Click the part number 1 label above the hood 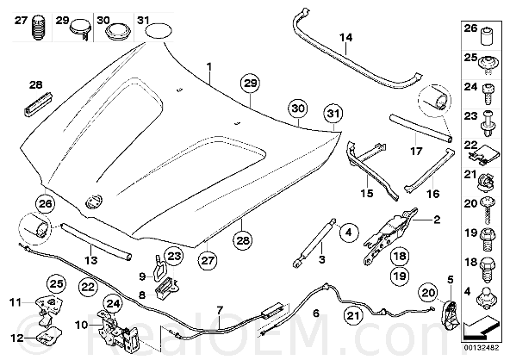[209, 67]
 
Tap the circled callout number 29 [251, 84]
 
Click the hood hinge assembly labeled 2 [390, 234]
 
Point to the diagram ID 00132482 [481, 348]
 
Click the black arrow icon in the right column [482, 328]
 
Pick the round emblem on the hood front [94, 201]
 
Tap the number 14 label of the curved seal [346, 37]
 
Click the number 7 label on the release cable [220, 311]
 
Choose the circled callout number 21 [353, 315]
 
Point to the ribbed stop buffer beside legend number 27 [39, 28]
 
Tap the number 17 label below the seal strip [416, 152]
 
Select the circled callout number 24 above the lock [113, 304]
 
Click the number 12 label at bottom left [17, 338]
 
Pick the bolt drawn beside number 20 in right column [487, 210]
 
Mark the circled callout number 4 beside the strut [348, 233]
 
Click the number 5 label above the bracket [451, 280]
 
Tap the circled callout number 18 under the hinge [400, 256]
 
